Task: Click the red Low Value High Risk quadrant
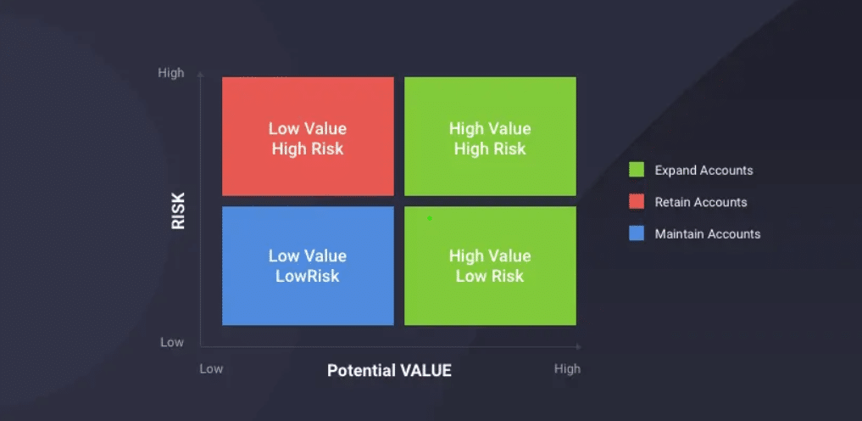pos(308,136)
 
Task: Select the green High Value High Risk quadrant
pos(491,136)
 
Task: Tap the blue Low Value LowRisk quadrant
pos(308,266)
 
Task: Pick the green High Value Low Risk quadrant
pos(491,266)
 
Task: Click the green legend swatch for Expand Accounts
pos(637,170)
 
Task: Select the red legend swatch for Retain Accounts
pos(637,202)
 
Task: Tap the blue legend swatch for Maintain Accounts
pos(637,234)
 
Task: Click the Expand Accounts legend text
pos(704,171)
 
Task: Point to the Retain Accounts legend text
pos(701,203)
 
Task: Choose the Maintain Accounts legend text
pos(708,234)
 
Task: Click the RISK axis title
pos(178,210)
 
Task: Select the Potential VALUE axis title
pos(389,370)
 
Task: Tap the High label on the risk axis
pos(171,73)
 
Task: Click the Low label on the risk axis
pos(172,342)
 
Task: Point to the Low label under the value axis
pos(211,368)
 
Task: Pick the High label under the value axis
pos(567,368)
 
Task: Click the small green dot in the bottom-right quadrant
pos(430,218)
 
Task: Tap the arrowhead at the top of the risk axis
pos(200,73)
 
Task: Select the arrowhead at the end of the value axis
pos(578,346)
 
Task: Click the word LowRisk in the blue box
pos(308,276)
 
